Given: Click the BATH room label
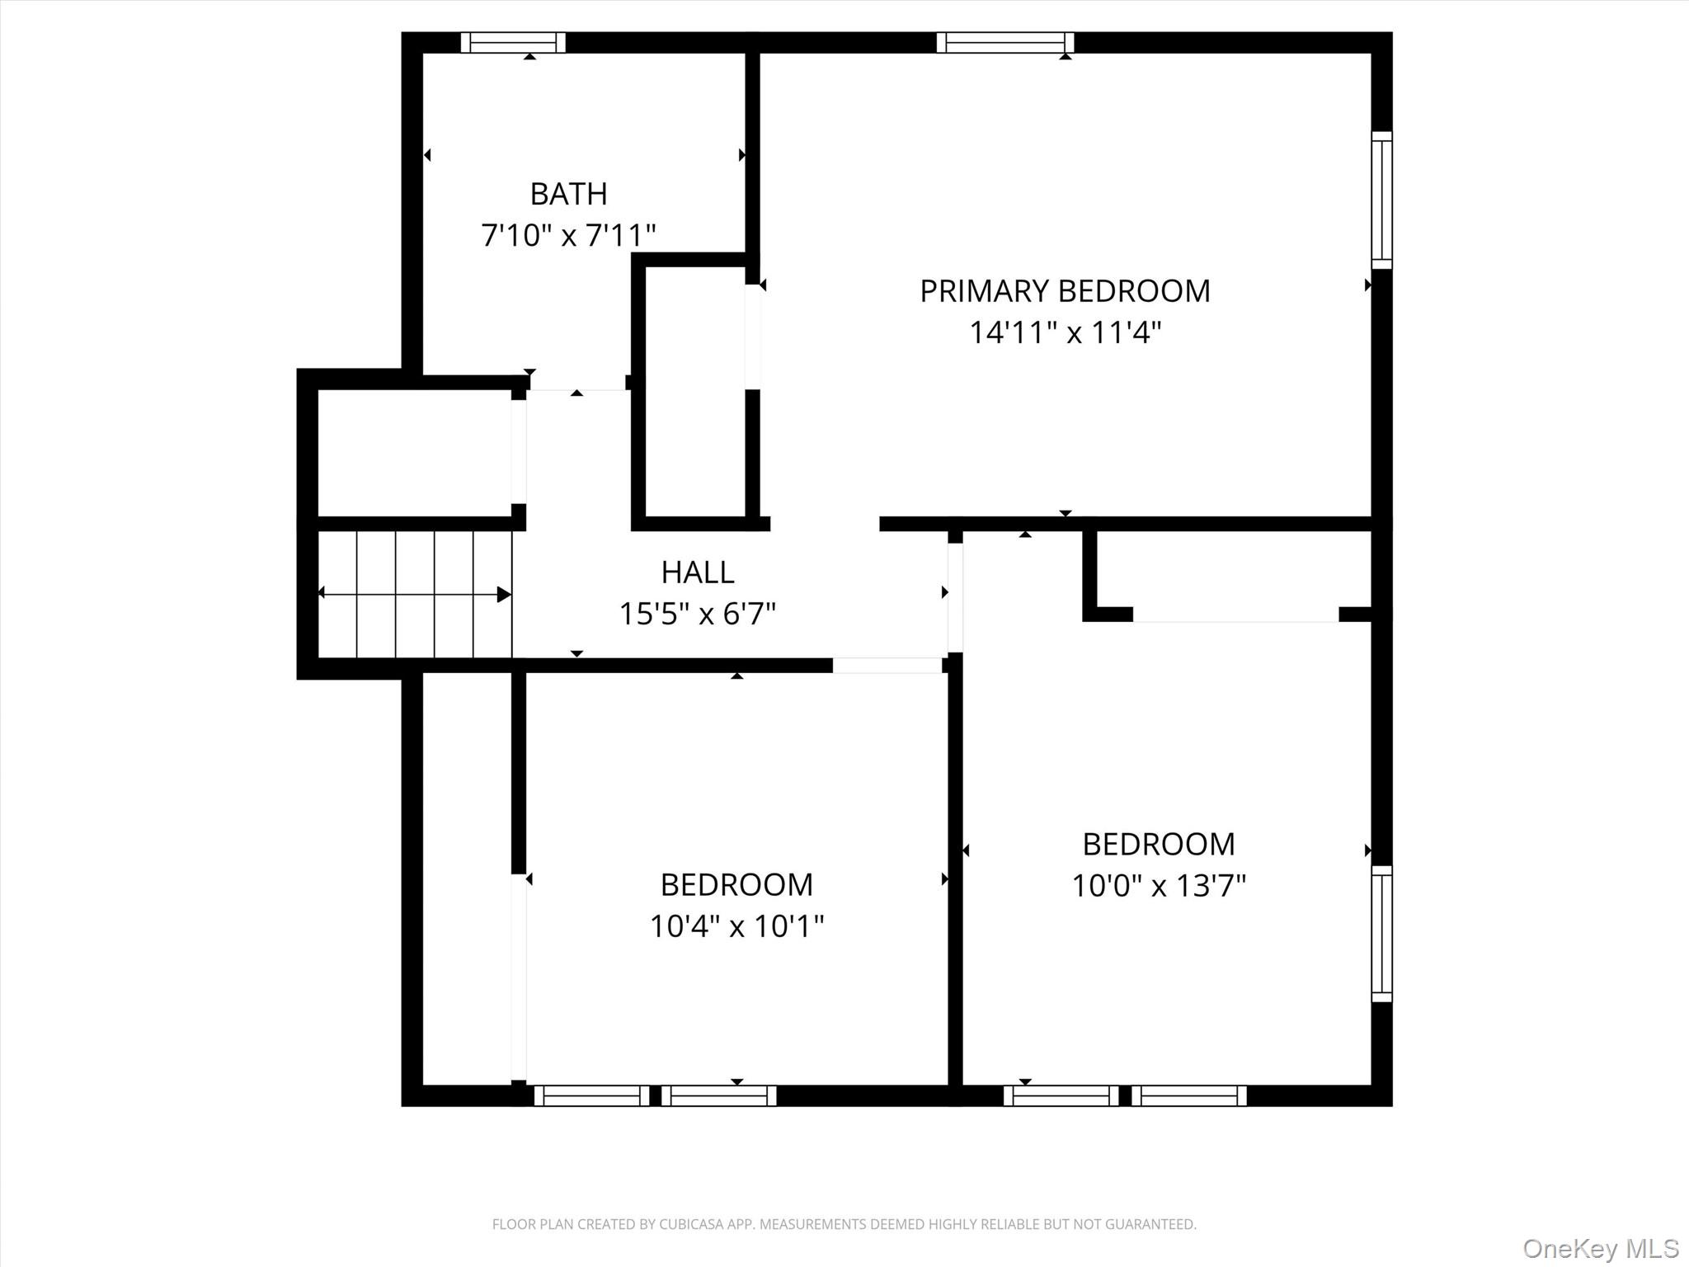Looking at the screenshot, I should point(568,194).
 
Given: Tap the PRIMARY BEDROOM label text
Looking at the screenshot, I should point(1065,291).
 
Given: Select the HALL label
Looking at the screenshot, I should point(697,572).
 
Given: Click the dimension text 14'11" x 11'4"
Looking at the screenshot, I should point(1065,333).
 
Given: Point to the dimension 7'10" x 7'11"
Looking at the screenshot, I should point(568,236).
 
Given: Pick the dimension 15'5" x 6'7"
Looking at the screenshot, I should point(697,614).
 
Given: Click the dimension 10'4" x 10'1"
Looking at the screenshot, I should point(736,926).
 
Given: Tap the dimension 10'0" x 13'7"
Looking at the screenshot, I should point(1158,886).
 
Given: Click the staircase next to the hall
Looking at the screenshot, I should point(414,594).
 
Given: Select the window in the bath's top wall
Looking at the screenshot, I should point(513,42).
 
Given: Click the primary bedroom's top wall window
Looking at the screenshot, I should point(1005,42).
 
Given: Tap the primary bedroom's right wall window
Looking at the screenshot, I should point(1381,200).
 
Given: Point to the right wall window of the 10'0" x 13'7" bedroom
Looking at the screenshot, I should point(1381,934).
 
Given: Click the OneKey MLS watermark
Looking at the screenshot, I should point(1600,1248).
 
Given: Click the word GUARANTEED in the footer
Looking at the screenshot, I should point(1150,1224).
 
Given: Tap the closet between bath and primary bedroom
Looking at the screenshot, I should point(694,392).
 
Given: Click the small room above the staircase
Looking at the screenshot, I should point(414,452).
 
